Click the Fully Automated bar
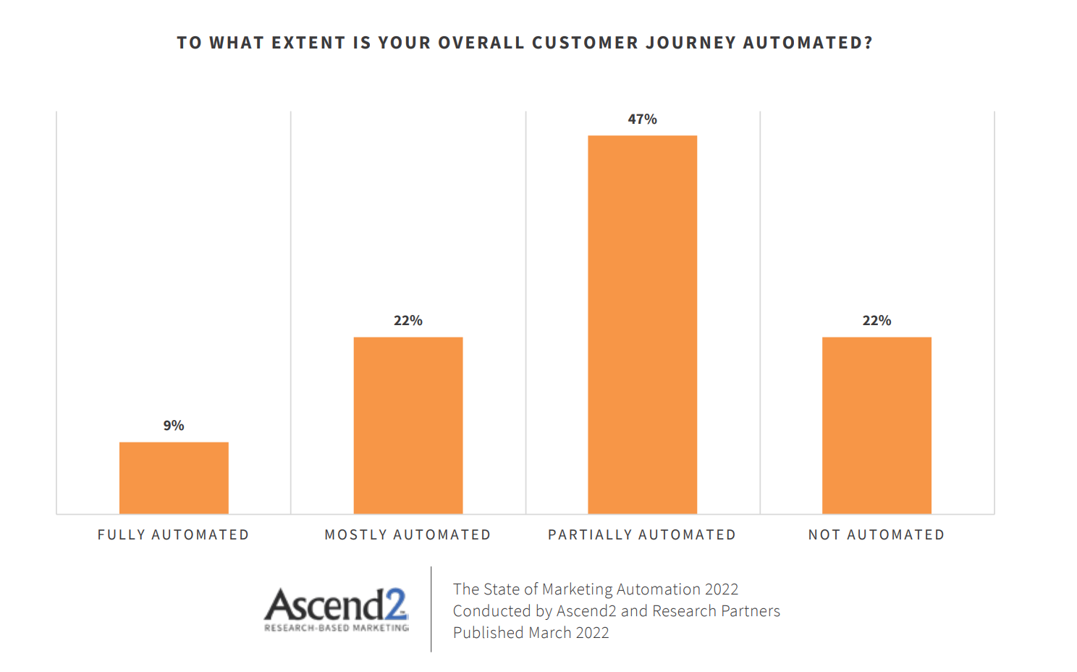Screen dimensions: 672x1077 click(174, 478)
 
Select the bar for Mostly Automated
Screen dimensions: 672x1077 click(408, 426)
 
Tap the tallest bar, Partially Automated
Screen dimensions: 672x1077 click(642, 324)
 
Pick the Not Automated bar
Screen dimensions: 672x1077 click(877, 426)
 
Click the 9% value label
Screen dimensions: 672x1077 click(174, 426)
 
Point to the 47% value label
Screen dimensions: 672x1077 click(642, 119)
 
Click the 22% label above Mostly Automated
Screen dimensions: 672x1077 click(408, 321)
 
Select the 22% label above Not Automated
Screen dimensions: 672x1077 click(877, 321)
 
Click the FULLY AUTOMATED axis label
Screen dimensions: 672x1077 click(174, 535)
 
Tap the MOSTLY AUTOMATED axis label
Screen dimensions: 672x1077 click(408, 535)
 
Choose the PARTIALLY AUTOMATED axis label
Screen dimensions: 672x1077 click(642, 535)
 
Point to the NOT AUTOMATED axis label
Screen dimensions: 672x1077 click(877, 535)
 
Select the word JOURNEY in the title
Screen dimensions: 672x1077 click(690, 43)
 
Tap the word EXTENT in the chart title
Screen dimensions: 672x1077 click(308, 43)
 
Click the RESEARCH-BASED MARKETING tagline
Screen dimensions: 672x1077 click(337, 628)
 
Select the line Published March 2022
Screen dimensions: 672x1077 click(531, 633)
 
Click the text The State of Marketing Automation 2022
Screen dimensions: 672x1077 click(596, 589)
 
